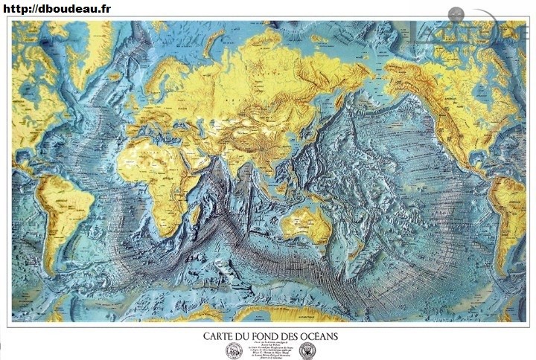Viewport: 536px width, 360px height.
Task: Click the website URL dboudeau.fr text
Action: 57,8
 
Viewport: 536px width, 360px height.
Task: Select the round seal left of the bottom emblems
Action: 234,350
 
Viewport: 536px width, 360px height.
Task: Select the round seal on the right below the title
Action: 307,350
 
